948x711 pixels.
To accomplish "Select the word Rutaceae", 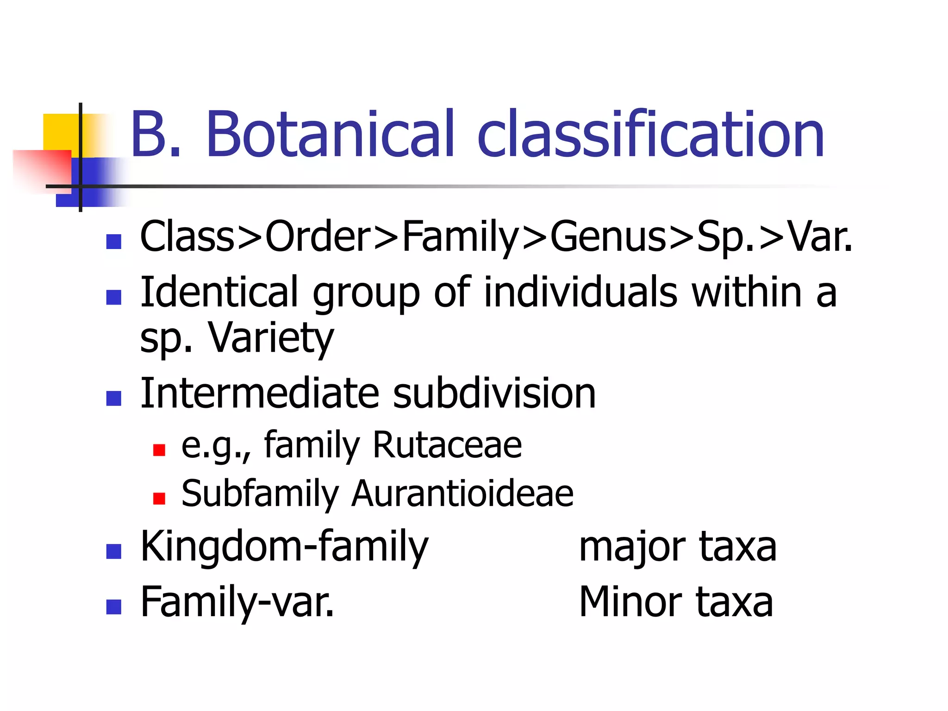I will pyautogui.click(x=447, y=445).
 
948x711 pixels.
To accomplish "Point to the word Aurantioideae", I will pyautogui.click(x=462, y=493).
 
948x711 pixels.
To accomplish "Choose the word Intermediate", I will pyautogui.click(x=260, y=393).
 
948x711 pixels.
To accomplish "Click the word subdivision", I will pyautogui.click(x=494, y=393).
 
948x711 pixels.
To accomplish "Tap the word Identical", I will pyautogui.click(x=219, y=292).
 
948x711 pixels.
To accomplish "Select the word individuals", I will pyautogui.click(x=580, y=292).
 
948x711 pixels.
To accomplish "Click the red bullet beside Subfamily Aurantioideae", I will pyautogui.click(x=159, y=499).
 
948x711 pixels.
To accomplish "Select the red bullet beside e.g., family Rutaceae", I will pyautogui.click(x=159, y=450).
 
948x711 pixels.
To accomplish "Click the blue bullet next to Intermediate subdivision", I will pyautogui.click(x=114, y=398).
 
